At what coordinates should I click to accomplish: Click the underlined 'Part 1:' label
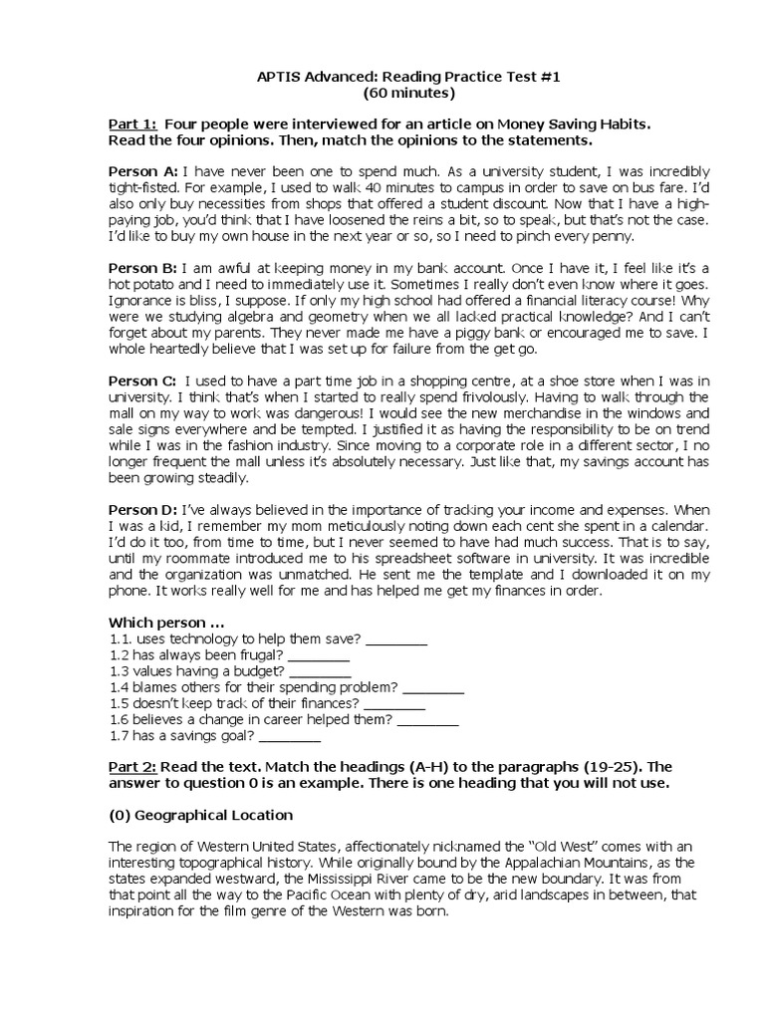coord(132,124)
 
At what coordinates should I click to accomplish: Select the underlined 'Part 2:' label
coord(132,767)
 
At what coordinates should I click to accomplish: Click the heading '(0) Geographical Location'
coord(200,815)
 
